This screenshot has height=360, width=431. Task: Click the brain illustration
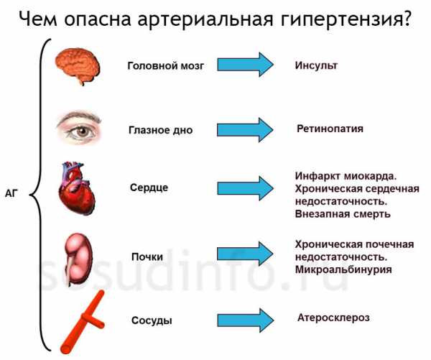(x=78, y=66)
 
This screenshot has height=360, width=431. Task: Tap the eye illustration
(x=79, y=127)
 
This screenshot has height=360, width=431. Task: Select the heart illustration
(x=76, y=188)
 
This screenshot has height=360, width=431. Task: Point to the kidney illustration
(x=78, y=259)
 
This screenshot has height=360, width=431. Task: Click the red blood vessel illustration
(x=83, y=322)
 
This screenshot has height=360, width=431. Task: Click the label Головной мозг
(x=166, y=66)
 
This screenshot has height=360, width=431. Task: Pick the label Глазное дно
(x=160, y=130)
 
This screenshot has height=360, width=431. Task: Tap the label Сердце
(x=149, y=188)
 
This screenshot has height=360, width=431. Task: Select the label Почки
(x=147, y=257)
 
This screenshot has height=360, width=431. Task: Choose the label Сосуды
(x=152, y=320)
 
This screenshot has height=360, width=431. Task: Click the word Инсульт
(x=316, y=65)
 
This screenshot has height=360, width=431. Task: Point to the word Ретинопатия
(x=330, y=129)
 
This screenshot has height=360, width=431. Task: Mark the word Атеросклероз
(x=333, y=318)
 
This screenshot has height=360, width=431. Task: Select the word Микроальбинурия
(x=343, y=269)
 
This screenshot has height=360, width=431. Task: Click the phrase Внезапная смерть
(x=343, y=214)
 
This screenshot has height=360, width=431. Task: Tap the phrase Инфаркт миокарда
(x=346, y=176)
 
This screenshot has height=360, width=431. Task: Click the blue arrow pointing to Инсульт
(x=245, y=65)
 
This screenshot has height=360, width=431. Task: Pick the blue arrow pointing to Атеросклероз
(x=245, y=320)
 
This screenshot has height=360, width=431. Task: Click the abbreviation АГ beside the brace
(x=11, y=193)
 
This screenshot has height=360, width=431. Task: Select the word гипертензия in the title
(x=346, y=20)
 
